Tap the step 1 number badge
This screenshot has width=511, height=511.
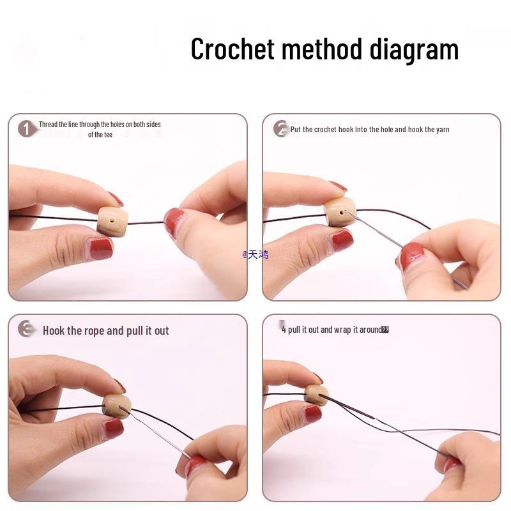point(26,128)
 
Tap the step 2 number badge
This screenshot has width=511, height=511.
point(280,129)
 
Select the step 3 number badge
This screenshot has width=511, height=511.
point(26,330)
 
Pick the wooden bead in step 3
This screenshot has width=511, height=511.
point(117,406)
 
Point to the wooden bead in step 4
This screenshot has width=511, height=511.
point(316,395)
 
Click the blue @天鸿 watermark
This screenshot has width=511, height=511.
point(256,254)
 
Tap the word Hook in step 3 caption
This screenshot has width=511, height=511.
point(54,331)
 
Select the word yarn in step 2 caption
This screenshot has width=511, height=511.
point(443,130)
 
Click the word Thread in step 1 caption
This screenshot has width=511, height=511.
point(48,125)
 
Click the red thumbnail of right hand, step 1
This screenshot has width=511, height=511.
point(173,222)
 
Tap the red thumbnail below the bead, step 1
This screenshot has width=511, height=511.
point(100,248)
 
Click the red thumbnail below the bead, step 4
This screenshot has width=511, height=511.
point(312,414)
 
